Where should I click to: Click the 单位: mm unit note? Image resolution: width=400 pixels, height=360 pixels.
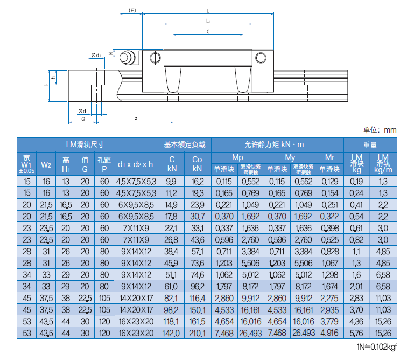pyautogui.click(x=380, y=129)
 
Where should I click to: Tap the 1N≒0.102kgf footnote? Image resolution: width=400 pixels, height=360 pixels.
pyautogui.click(x=376, y=348)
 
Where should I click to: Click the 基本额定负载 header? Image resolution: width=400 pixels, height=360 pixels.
pyautogui.click(x=185, y=144)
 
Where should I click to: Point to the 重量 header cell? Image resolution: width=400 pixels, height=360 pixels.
pyautogui.click(x=370, y=144)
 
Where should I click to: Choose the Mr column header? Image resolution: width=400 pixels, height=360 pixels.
pyautogui.click(x=330, y=157)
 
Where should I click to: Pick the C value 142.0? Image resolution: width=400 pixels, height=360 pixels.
pyautogui.click(x=172, y=334)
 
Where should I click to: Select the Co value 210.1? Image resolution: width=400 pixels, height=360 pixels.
pyautogui.click(x=198, y=334)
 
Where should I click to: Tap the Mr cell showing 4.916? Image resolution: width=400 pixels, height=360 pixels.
pyautogui.click(x=330, y=334)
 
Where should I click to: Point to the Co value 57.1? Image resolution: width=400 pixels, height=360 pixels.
pyautogui.click(x=198, y=252)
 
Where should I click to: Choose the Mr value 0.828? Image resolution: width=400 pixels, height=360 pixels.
pyautogui.click(x=330, y=252)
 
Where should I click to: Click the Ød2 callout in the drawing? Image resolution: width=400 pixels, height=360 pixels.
pyautogui.click(x=97, y=55)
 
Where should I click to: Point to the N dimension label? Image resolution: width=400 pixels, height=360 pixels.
pyautogui.click(x=110, y=53)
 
